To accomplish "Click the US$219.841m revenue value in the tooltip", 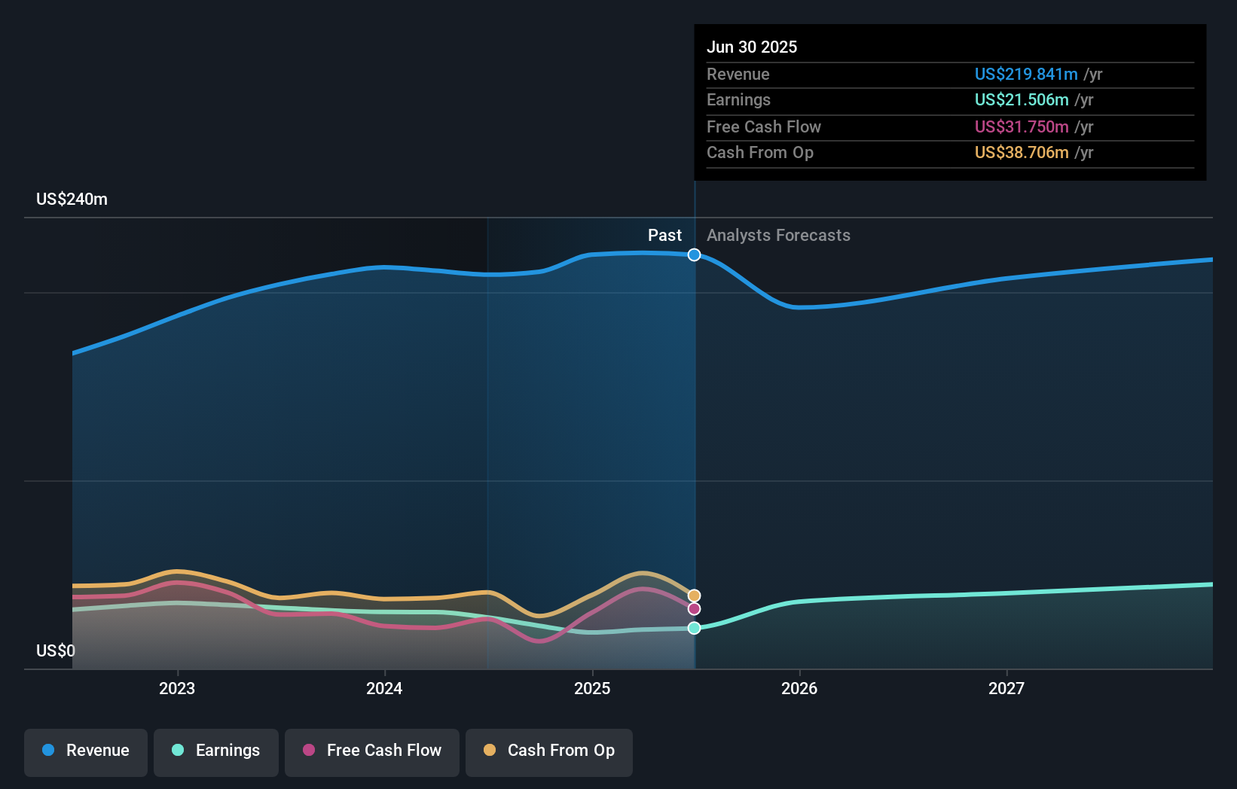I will pyautogui.click(x=1025, y=74).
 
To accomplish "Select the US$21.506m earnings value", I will pyautogui.click(x=1021, y=100).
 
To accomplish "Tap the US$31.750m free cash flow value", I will pyautogui.click(x=1021, y=126).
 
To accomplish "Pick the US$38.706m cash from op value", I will pyautogui.click(x=1021, y=153).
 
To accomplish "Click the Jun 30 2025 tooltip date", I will pyautogui.click(x=751, y=47).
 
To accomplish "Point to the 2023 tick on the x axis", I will pyautogui.click(x=177, y=688).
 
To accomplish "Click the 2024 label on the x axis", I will pyautogui.click(x=384, y=688).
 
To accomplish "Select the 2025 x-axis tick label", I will pyautogui.click(x=592, y=688).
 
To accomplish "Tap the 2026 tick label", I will pyautogui.click(x=799, y=688).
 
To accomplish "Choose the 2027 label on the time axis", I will pyautogui.click(x=1006, y=688).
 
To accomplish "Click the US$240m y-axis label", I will pyautogui.click(x=72, y=200).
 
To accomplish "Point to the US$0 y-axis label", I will pyautogui.click(x=56, y=650).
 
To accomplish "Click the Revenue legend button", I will pyautogui.click(x=86, y=751).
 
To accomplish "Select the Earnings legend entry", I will pyautogui.click(x=216, y=751).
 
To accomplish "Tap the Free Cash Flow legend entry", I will pyautogui.click(x=372, y=751).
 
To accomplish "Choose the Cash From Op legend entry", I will pyautogui.click(x=549, y=751).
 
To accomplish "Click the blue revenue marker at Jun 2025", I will pyautogui.click(x=694, y=255).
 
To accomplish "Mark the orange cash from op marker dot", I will pyautogui.click(x=694, y=596).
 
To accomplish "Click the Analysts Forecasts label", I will pyautogui.click(x=778, y=236).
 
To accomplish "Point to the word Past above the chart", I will pyautogui.click(x=664, y=236).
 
